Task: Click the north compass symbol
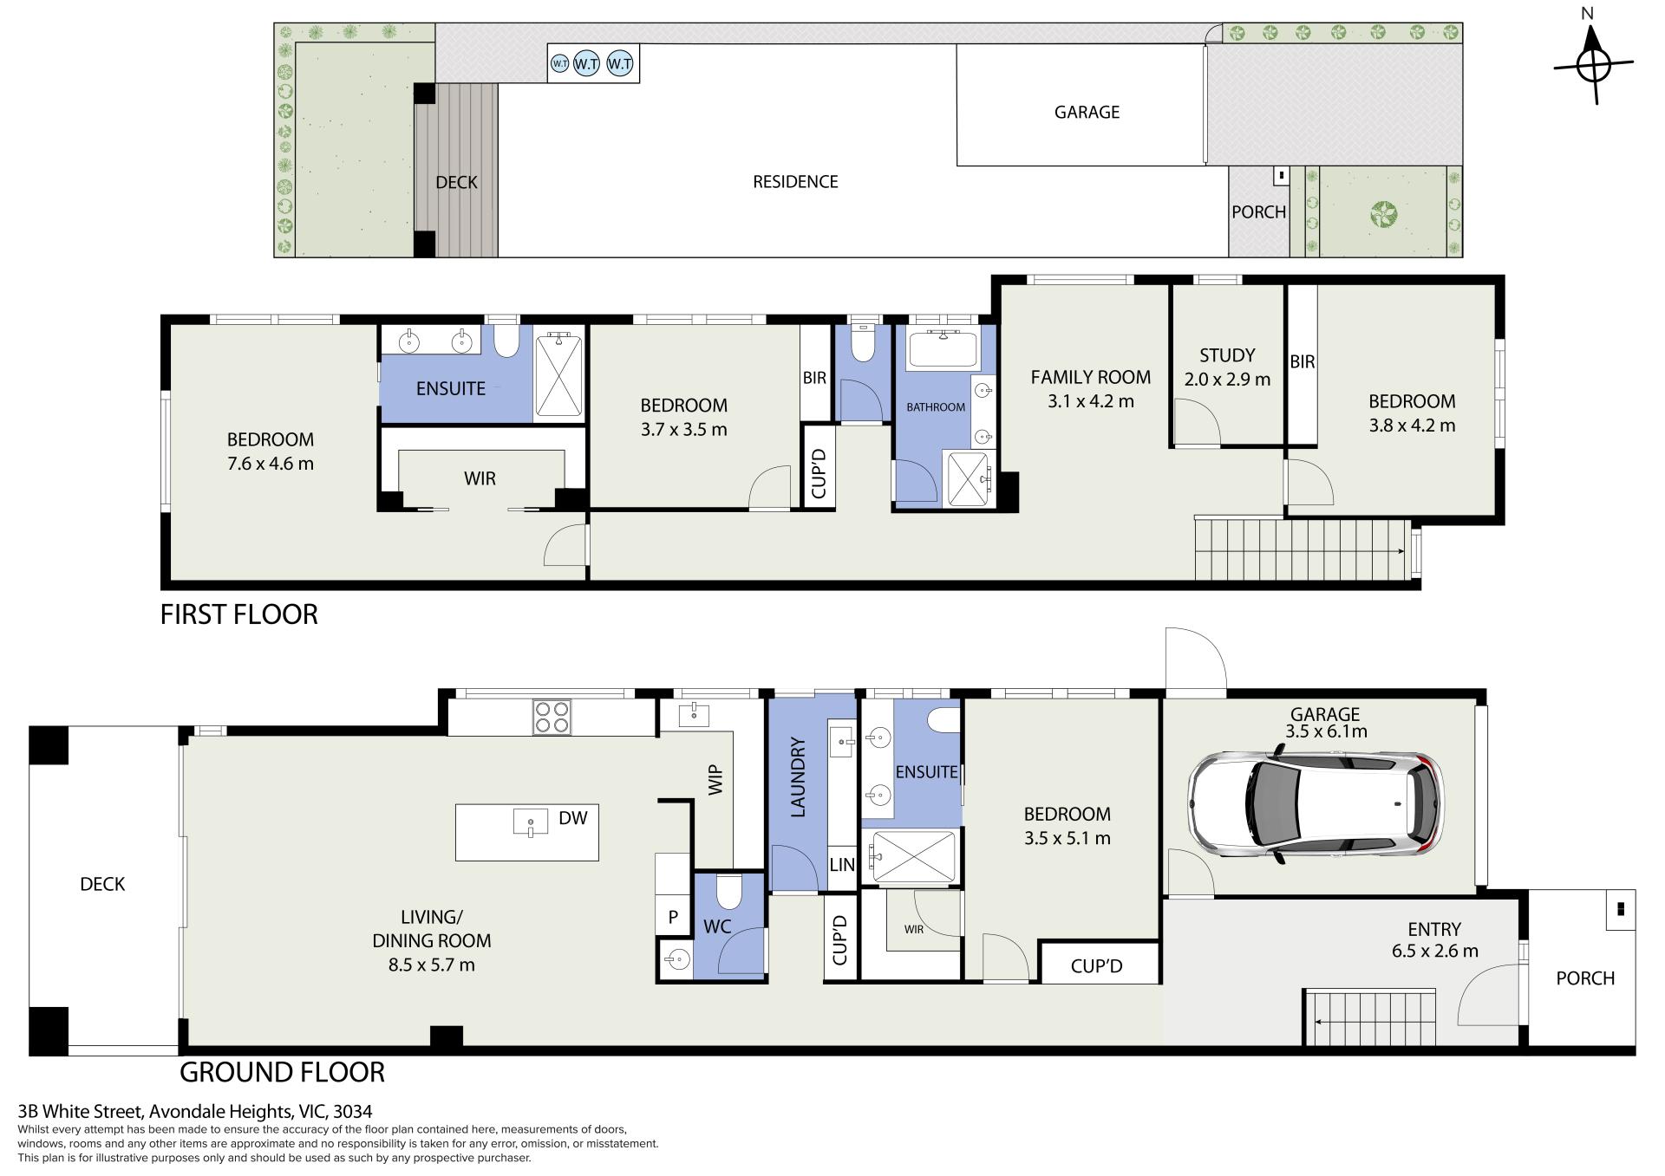click(1594, 65)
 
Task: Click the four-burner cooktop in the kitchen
click(552, 717)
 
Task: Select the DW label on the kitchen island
click(573, 817)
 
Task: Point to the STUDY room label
click(1227, 355)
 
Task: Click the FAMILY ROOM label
click(1091, 377)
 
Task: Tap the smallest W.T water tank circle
click(560, 63)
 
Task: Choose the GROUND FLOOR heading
click(282, 1072)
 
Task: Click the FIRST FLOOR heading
click(239, 614)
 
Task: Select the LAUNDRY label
click(799, 777)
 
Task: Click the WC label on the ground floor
click(717, 927)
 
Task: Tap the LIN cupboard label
click(842, 864)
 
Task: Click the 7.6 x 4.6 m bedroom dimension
click(271, 464)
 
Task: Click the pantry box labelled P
click(673, 918)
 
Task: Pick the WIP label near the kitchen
click(715, 779)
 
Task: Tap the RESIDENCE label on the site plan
click(795, 182)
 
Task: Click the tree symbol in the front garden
click(1384, 213)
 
